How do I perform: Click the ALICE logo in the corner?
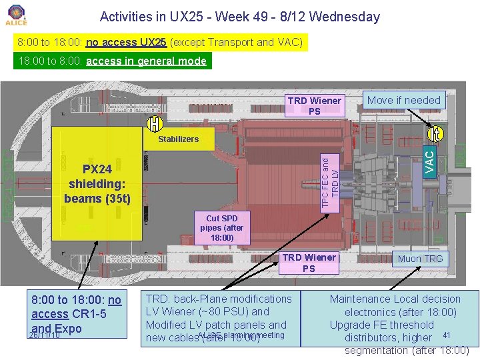[15, 15]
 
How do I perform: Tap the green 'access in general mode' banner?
[111, 61]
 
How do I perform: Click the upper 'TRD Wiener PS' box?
[314, 106]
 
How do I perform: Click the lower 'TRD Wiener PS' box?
[309, 263]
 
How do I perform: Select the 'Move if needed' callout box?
[404, 100]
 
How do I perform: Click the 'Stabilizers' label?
[178, 139]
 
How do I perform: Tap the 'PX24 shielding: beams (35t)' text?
[97, 184]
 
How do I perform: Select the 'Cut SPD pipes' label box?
[221, 228]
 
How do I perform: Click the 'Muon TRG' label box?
[420, 258]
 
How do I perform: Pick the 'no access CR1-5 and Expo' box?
[75, 314]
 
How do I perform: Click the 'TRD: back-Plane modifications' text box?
[218, 318]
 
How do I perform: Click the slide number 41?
[447, 335]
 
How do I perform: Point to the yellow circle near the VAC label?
[435, 133]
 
